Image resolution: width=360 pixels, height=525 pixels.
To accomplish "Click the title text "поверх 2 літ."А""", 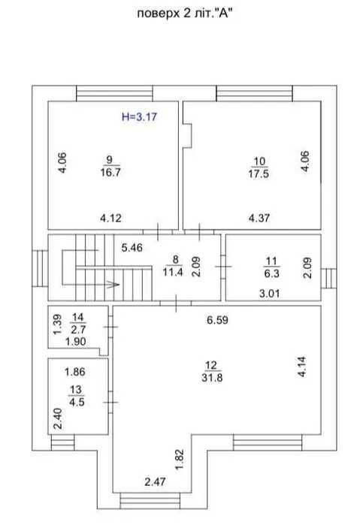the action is click(x=185, y=14).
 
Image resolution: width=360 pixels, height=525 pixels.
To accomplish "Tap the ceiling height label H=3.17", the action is click(x=139, y=117).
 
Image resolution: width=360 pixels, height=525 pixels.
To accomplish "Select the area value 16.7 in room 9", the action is click(x=110, y=173).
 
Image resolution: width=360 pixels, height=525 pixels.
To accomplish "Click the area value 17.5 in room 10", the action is click(x=259, y=173).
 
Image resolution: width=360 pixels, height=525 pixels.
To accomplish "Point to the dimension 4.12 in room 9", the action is click(x=110, y=218).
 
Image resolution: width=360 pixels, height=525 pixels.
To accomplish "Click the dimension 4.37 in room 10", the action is click(x=259, y=218).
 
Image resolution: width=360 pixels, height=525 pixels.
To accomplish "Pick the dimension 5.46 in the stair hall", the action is click(x=132, y=248).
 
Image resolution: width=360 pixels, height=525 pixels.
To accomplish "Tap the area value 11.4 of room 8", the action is click(x=173, y=272).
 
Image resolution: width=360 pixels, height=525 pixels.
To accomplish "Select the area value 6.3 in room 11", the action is click(x=271, y=273).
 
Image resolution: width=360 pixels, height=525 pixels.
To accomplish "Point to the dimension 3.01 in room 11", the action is click(x=270, y=294).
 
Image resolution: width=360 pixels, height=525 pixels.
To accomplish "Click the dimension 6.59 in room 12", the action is click(x=217, y=320).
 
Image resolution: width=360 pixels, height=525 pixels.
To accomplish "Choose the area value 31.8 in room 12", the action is click(x=212, y=378).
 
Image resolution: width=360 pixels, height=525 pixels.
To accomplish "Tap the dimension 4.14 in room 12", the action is click(x=301, y=367).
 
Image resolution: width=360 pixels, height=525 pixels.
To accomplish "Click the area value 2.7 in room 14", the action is click(x=77, y=330).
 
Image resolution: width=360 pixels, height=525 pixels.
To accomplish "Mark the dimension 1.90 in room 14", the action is click(x=76, y=342).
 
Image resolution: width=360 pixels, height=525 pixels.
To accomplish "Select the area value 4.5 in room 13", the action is click(x=77, y=402).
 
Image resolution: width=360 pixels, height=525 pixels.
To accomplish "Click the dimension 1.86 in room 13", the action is click(x=75, y=372).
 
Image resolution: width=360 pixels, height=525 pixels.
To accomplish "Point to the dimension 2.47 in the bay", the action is click(x=155, y=481).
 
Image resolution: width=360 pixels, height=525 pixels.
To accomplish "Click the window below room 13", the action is click(x=62, y=442).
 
